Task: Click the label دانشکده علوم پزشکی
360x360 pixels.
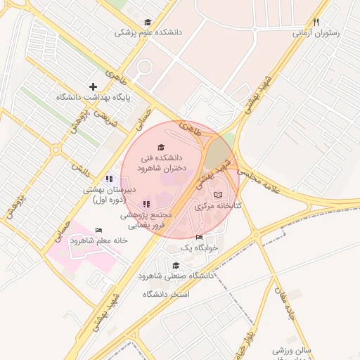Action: [x=147, y=32]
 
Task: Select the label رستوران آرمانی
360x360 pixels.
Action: [x=316, y=32]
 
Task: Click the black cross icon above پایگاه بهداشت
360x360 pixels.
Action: [x=93, y=86]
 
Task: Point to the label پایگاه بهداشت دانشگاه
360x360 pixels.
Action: [x=93, y=97]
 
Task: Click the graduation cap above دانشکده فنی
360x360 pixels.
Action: [x=162, y=148]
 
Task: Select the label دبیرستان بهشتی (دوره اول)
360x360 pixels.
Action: [x=108, y=195]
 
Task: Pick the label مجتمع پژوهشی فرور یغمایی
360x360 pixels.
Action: [x=146, y=221]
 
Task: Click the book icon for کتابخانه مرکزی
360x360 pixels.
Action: [x=217, y=194]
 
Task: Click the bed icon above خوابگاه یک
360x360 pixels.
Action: [x=199, y=237]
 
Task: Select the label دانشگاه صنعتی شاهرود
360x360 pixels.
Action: [x=176, y=276]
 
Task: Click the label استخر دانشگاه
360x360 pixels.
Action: [x=167, y=293]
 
